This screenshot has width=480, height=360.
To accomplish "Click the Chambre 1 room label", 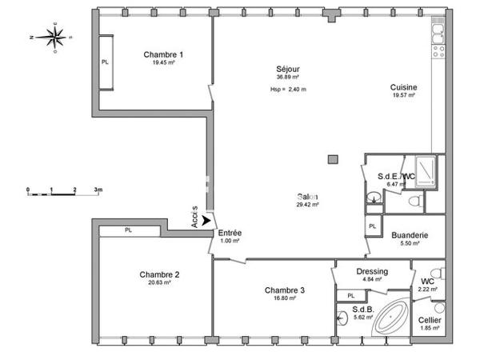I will pyautogui.click(x=163, y=54).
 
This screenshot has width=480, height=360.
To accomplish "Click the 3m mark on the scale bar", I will pyautogui.click(x=98, y=190).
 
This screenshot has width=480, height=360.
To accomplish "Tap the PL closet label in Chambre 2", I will pyautogui.click(x=128, y=230).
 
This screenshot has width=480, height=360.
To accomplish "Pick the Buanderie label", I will pyautogui.click(x=409, y=235).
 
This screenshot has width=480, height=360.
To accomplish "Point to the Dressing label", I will pyautogui.click(x=372, y=271).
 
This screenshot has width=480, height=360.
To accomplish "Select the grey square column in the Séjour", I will pyautogui.click(x=332, y=159).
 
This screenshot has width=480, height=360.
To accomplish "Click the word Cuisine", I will pyautogui.click(x=403, y=86).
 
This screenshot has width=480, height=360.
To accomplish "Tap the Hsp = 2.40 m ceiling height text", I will pyautogui.click(x=288, y=88).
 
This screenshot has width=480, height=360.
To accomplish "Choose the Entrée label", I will pyautogui.click(x=230, y=233).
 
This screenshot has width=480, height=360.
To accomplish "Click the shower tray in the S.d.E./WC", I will pyautogui.click(x=423, y=170).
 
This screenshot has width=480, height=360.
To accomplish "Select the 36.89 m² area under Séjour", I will pyautogui.click(x=287, y=78).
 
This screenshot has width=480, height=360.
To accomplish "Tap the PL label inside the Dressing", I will pyautogui.click(x=351, y=296).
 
